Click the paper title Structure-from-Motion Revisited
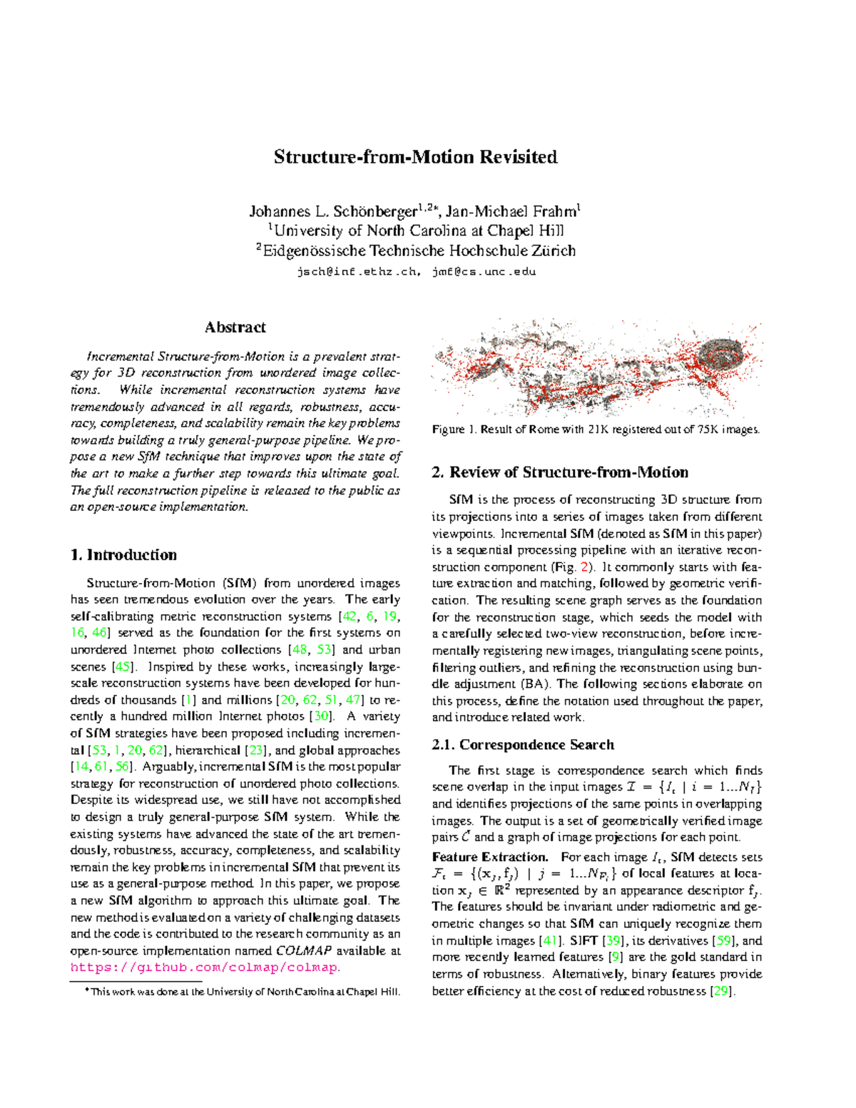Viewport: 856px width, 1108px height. (x=415, y=157)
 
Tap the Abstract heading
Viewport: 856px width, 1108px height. (x=235, y=327)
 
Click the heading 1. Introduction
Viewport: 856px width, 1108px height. (x=123, y=555)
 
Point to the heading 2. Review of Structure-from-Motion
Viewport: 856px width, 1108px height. (x=560, y=472)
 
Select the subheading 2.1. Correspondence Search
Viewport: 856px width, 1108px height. (x=523, y=745)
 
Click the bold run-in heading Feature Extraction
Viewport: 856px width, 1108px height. (x=490, y=857)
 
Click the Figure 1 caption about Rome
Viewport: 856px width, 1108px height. (x=596, y=430)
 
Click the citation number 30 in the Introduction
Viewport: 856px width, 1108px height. (x=322, y=716)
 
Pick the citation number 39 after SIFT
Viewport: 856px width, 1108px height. (x=613, y=940)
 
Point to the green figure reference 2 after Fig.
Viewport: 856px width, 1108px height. (x=586, y=567)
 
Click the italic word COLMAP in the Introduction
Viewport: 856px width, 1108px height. (x=304, y=950)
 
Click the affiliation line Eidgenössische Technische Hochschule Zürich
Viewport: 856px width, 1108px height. (x=416, y=250)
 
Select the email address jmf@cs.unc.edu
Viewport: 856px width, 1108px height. (x=484, y=271)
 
